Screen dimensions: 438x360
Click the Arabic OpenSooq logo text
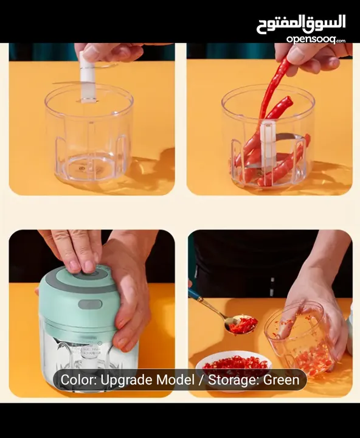click(300, 23)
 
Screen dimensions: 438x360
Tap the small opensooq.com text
click(315, 39)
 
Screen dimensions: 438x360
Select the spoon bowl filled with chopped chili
click(243, 325)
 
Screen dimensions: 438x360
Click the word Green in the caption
click(282, 381)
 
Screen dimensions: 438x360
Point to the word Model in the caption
click(175, 381)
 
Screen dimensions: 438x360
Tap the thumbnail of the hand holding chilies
click(269, 119)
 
